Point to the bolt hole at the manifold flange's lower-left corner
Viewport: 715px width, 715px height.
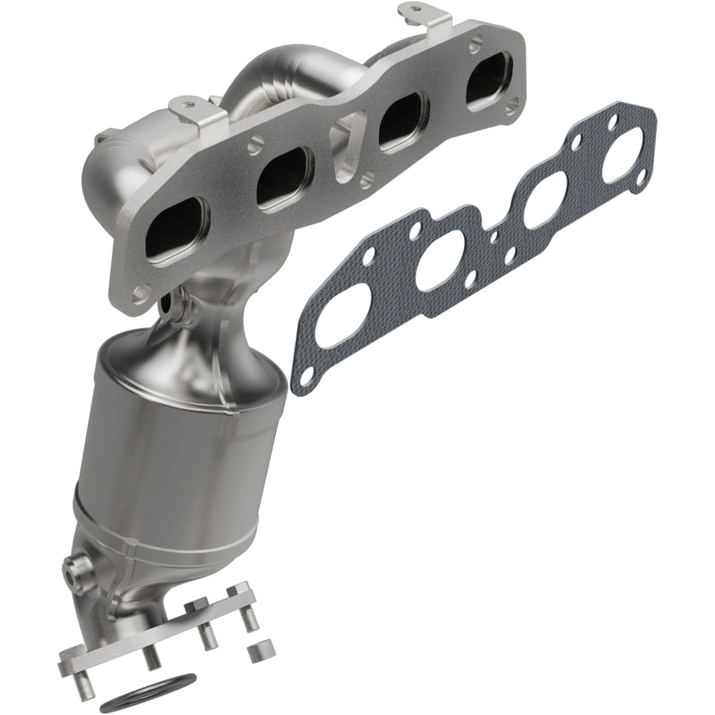[140, 291]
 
